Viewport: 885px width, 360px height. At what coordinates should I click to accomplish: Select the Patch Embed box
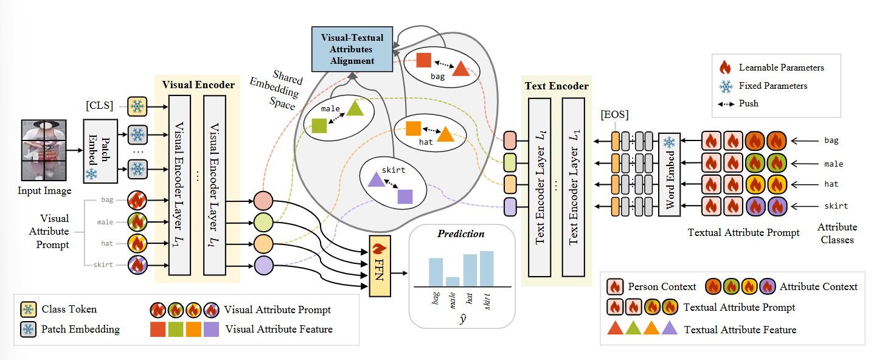click(100, 151)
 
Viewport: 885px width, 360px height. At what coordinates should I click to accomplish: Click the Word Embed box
click(669, 175)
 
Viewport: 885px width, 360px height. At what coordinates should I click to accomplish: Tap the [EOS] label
click(615, 115)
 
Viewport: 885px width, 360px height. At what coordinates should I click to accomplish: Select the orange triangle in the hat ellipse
click(445, 134)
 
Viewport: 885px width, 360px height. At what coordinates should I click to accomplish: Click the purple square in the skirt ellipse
click(404, 196)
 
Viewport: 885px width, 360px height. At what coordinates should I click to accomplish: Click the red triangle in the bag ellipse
click(460, 68)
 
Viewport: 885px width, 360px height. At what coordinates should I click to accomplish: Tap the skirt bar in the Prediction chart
click(487, 268)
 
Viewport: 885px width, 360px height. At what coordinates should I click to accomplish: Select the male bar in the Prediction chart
click(452, 281)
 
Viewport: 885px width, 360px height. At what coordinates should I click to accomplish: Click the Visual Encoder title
click(198, 85)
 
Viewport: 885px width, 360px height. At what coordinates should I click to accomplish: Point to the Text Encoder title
click(557, 86)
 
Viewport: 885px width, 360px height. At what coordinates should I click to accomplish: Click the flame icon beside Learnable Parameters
click(724, 67)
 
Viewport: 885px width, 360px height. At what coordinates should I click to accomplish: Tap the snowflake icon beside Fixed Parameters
click(725, 86)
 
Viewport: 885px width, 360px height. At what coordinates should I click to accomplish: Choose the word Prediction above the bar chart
click(461, 234)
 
